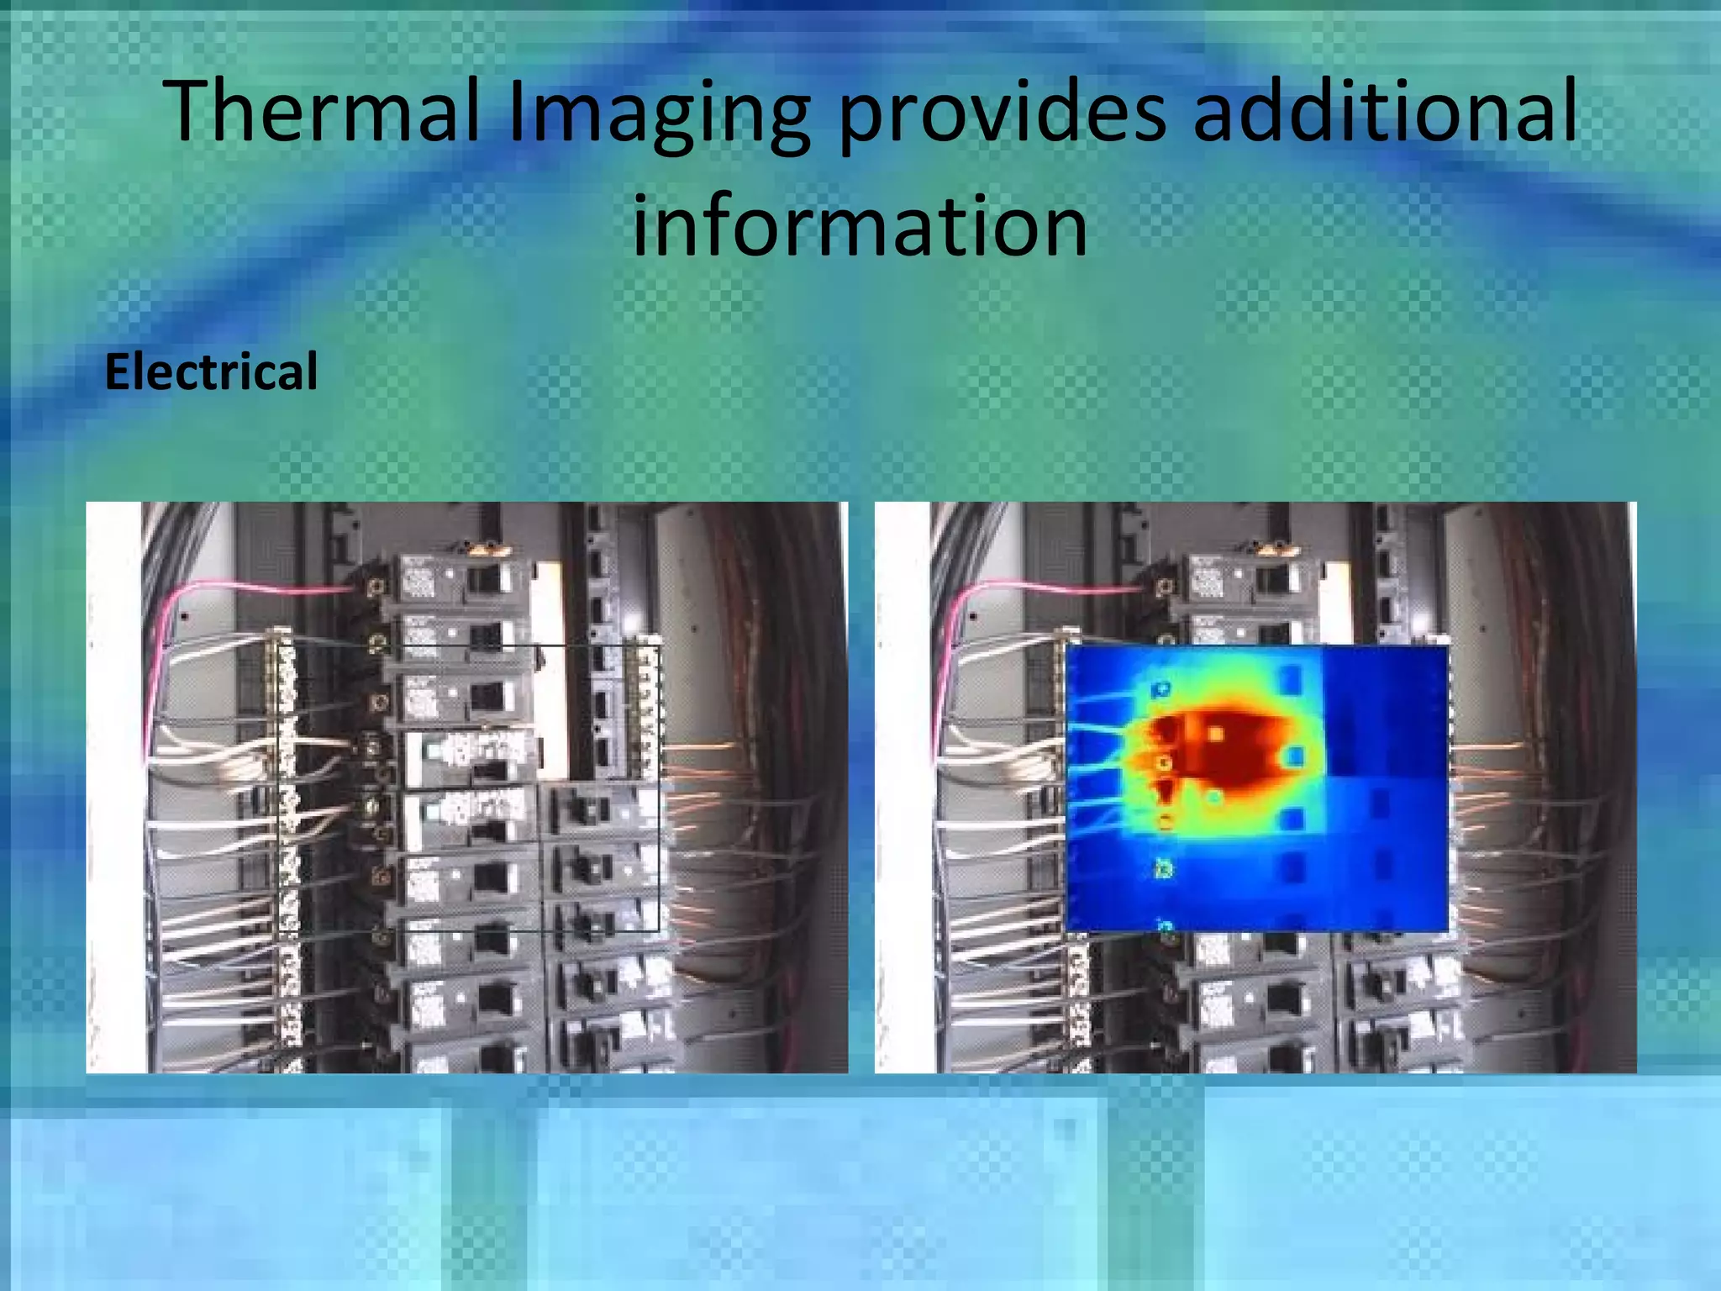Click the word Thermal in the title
pos(324,111)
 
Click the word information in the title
pos(860,225)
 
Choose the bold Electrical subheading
pos(211,371)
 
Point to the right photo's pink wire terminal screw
pos(1163,586)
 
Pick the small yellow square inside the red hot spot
pos(1215,734)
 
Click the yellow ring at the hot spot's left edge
pos(1164,763)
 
